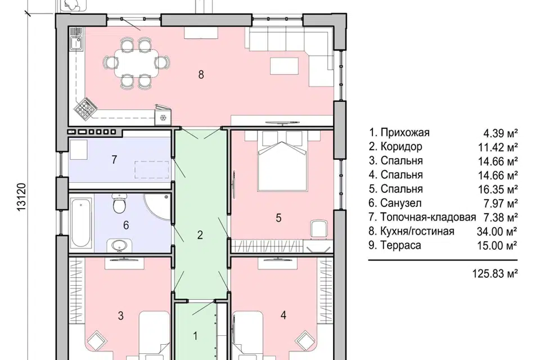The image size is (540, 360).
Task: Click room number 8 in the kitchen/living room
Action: [200, 74]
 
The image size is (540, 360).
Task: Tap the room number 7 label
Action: [114, 160]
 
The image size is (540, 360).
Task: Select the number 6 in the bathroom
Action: [126, 226]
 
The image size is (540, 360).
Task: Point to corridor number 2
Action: [200, 235]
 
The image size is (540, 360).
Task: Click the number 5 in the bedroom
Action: [278, 217]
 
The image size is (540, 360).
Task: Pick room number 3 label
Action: [120, 316]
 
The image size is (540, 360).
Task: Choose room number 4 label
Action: [283, 316]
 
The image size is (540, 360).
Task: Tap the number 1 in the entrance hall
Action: [195, 336]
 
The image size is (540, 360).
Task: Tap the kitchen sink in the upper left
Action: [75, 44]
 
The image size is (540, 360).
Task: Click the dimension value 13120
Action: [22, 197]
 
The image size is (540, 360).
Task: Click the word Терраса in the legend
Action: [402, 245]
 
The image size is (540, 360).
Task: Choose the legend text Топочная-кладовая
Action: [428, 217]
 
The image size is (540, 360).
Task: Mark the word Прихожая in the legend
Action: [405, 133]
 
